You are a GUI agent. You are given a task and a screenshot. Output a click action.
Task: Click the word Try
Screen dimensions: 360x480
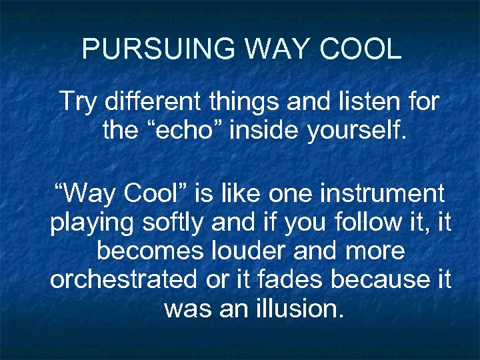(78, 102)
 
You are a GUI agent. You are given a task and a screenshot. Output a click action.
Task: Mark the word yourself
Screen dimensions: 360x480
(357, 131)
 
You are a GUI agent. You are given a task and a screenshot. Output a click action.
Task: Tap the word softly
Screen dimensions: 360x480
(176, 223)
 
